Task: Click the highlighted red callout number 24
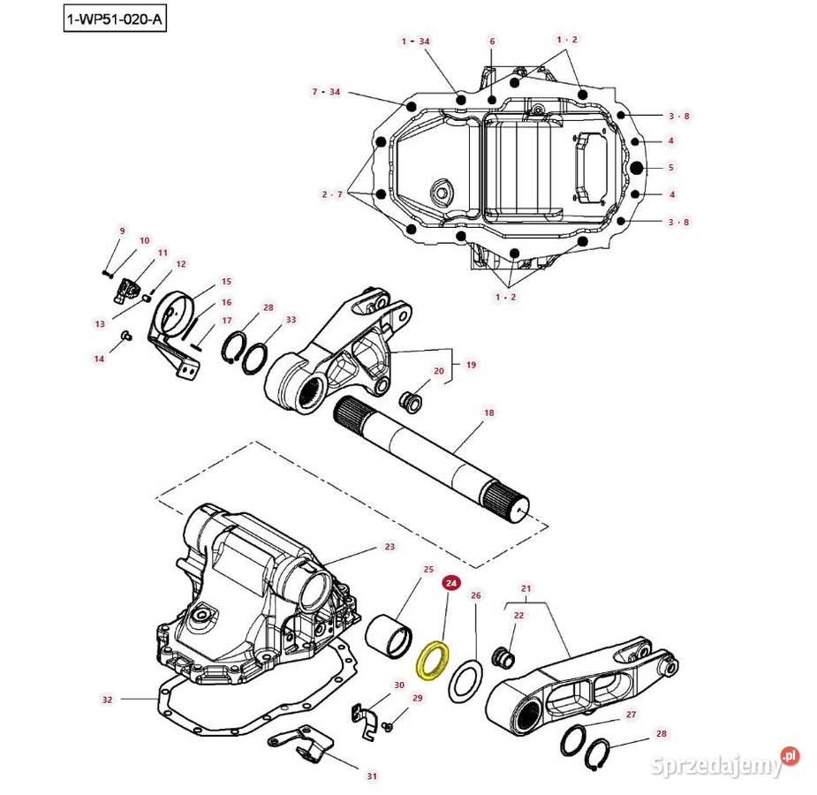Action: pos(451,583)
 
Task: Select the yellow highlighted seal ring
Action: pos(433,661)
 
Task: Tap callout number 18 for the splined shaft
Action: pos(488,413)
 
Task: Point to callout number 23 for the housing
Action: pos(390,547)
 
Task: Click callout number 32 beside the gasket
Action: pos(108,700)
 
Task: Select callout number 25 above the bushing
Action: pos(428,570)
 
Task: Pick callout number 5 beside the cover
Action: pos(670,167)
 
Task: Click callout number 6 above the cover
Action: pos(492,42)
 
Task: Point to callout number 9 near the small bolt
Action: pos(123,231)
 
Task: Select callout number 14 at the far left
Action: pos(100,359)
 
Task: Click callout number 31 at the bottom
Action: pos(372,776)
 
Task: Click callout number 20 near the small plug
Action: pos(438,371)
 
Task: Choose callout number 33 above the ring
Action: pos(291,319)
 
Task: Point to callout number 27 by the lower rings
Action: pos(631,714)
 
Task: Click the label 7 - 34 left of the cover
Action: pos(326,92)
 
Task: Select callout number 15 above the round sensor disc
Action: pos(226,281)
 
